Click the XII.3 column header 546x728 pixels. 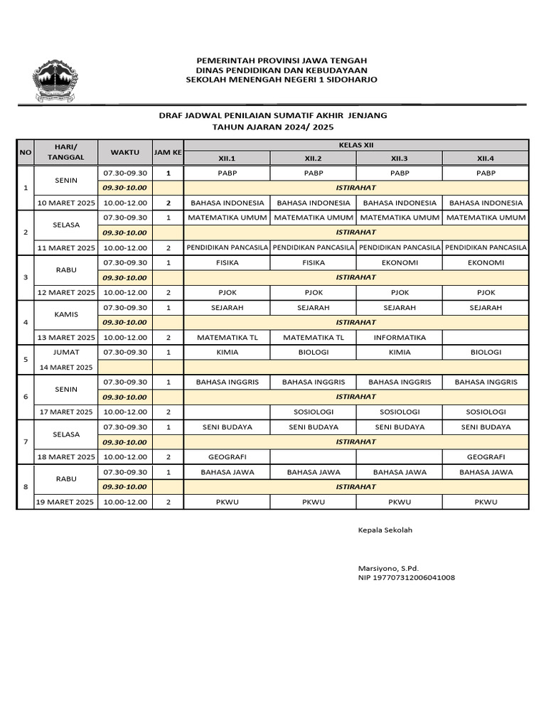399,158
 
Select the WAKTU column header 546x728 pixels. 125,152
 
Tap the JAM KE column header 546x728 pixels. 168,152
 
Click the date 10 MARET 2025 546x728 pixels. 66,203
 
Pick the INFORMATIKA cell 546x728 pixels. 399,338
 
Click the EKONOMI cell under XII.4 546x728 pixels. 486,262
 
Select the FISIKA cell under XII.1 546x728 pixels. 227,262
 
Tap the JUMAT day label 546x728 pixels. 66,352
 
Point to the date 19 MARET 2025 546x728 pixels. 66,503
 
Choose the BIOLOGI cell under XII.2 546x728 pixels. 314,352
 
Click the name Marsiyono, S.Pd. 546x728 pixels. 388,568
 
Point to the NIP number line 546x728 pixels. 407,578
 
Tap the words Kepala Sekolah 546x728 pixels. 385,530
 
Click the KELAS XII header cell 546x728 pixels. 356,144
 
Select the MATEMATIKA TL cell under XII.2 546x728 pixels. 314,338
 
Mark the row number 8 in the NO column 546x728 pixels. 26,487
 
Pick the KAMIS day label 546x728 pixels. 66,314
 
